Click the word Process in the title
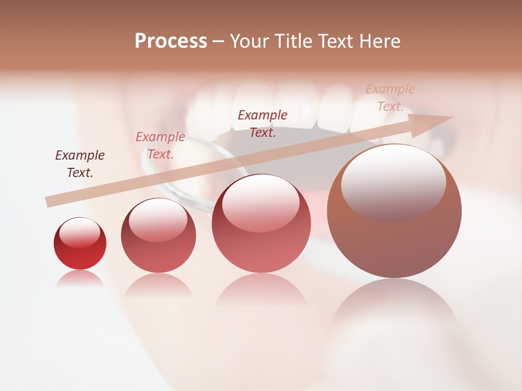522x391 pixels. (x=171, y=41)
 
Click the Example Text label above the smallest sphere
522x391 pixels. (x=80, y=164)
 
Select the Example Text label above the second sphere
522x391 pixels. (x=160, y=146)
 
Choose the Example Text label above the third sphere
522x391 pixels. (x=263, y=123)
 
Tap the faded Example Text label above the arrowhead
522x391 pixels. (x=390, y=98)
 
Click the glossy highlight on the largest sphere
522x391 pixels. (x=393, y=182)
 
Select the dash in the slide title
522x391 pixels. (x=219, y=41)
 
